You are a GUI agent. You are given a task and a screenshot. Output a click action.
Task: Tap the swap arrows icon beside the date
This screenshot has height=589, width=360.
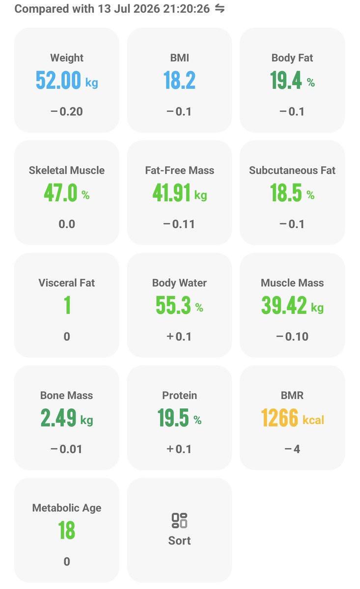tap(220, 9)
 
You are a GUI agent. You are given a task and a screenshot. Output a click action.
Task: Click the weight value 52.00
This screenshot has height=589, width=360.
tap(58, 80)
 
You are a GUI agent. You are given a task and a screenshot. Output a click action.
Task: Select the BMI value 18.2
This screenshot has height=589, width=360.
tap(179, 80)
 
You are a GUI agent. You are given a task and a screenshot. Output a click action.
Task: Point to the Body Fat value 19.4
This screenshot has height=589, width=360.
tap(286, 80)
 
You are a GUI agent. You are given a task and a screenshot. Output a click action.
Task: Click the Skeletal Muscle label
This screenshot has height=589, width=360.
tap(67, 170)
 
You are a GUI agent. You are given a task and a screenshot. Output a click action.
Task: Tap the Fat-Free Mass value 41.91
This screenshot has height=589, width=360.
tap(171, 192)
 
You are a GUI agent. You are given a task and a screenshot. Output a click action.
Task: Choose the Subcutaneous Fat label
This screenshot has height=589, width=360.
tap(292, 170)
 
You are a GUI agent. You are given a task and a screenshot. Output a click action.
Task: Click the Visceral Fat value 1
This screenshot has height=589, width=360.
tap(67, 305)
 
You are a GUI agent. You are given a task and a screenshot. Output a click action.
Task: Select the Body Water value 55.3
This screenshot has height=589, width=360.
tap(173, 305)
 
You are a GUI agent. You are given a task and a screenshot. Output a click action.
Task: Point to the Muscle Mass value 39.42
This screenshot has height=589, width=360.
tap(284, 305)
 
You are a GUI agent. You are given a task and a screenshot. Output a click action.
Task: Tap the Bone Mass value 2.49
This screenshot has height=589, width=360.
tap(58, 418)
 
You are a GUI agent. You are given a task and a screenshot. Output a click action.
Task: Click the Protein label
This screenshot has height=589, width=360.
tap(179, 396)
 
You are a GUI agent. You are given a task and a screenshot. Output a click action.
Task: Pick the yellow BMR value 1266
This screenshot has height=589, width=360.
tap(279, 418)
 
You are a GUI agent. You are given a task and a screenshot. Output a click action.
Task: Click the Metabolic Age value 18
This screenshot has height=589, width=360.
tap(67, 530)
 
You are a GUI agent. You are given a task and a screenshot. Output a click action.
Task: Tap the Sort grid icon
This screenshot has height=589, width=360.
tap(179, 521)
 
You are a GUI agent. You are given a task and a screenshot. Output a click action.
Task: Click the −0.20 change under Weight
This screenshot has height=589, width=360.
tap(67, 111)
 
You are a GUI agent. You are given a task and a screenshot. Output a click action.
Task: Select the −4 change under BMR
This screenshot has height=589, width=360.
tap(292, 449)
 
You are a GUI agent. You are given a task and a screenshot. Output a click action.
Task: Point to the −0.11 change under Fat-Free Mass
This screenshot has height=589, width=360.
tap(179, 224)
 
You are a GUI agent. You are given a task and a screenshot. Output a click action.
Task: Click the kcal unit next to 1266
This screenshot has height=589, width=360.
tap(313, 420)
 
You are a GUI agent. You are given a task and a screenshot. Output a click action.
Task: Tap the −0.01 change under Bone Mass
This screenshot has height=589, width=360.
tap(66, 449)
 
